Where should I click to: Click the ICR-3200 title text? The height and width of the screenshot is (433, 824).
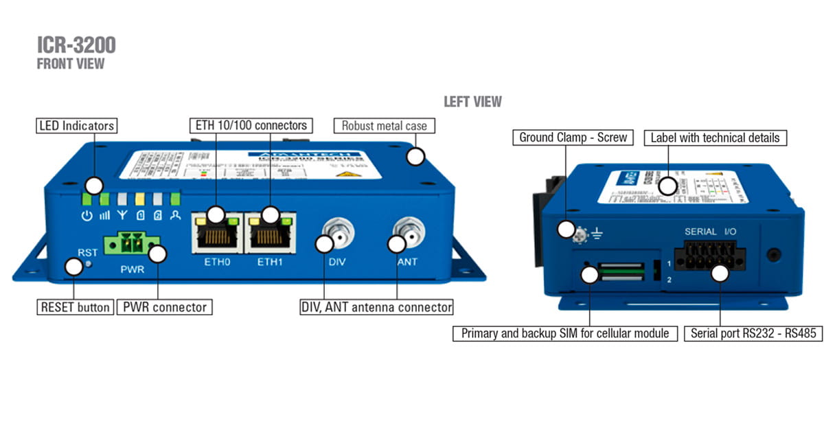click(x=76, y=45)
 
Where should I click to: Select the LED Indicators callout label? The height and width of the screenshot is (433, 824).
click(x=76, y=126)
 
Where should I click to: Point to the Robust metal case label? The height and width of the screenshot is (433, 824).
click(x=384, y=126)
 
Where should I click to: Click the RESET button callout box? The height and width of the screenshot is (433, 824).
click(x=75, y=307)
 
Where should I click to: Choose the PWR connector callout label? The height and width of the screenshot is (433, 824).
click(x=164, y=307)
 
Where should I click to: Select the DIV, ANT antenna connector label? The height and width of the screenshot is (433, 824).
click(x=376, y=307)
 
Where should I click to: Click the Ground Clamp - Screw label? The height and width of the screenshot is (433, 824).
click(x=573, y=137)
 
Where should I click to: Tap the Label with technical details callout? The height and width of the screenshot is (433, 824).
click(x=715, y=137)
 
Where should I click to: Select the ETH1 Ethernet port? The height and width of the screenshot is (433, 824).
click(x=271, y=235)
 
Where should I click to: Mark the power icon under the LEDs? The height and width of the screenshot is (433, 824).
click(x=87, y=216)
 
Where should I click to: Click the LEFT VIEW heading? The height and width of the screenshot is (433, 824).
click(x=472, y=102)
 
